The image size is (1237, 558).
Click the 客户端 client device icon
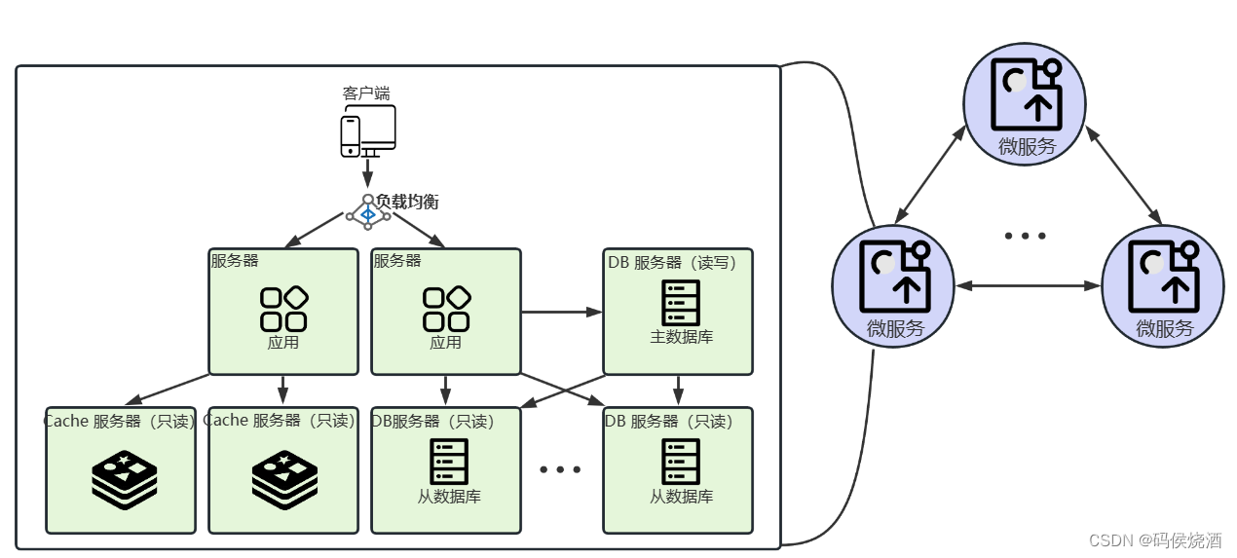367,130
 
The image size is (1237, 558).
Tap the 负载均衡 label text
407,202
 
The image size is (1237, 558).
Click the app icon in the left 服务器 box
283,309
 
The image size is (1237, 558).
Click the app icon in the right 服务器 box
446,309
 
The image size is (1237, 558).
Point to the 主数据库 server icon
680,304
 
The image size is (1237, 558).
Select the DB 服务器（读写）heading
679,262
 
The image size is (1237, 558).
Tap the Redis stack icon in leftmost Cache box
125,480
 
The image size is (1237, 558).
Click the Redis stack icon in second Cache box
284,480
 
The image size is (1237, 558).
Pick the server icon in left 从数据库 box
448,462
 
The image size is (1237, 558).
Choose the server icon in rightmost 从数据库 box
680,462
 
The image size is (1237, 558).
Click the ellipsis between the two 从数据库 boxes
560,469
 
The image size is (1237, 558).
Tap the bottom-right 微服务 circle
1163,285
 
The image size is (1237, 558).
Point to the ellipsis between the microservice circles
1025,236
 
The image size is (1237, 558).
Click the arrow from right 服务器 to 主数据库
562,313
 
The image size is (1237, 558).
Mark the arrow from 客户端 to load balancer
367,173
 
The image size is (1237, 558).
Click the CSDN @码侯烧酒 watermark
1155,540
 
